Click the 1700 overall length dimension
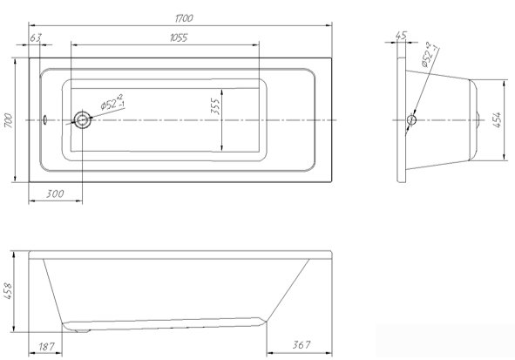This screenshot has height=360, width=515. point(184,18)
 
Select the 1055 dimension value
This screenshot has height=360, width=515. point(179,37)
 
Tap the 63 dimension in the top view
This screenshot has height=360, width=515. point(36,37)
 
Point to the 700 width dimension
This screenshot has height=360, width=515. point(9,120)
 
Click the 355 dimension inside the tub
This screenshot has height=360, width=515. point(215,106)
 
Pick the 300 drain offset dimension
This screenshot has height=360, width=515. point(55,194)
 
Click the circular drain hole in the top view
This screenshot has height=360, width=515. point(83,120)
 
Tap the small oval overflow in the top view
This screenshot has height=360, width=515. point(45,119)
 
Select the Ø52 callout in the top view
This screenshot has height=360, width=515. point(112,102)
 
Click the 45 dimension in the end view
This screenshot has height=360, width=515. point(401,35)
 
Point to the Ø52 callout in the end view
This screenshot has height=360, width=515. point(430,54)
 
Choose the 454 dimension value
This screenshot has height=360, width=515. point(498,120)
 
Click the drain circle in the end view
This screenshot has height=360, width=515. point(411,119)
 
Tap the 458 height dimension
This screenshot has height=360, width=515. point(8,291)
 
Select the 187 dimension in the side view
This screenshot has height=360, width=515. point(46,346)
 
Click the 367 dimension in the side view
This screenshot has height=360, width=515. point(302,344)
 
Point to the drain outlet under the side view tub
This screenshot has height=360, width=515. point(82,330)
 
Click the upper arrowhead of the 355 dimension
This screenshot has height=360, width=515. point(222,92)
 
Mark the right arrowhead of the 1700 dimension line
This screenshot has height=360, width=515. point(329,25)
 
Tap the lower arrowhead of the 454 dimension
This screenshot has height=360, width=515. point(505,157)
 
